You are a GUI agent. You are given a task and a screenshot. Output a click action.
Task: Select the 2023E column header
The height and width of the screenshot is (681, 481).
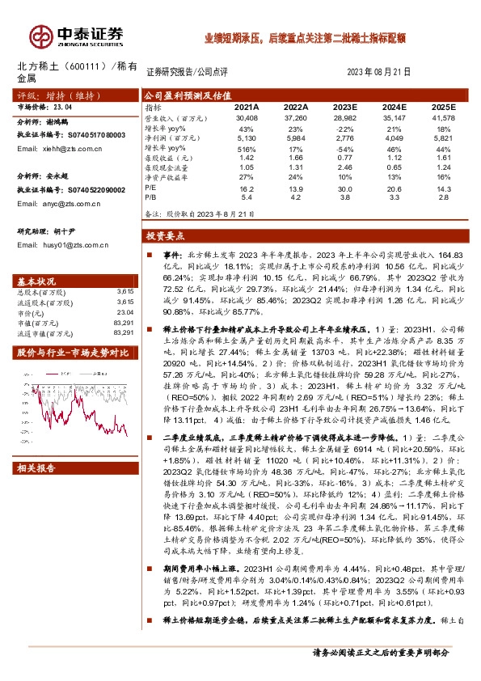click(345, 107)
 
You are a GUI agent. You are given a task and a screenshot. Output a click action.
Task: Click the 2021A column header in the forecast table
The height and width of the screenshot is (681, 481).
click(247, 107)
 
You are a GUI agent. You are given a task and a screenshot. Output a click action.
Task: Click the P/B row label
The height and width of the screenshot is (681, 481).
click(151, 197)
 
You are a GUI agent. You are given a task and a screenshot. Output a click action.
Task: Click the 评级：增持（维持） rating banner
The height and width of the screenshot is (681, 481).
click(47, 95)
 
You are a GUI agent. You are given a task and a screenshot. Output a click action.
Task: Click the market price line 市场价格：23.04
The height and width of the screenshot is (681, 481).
click(45, 106)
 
